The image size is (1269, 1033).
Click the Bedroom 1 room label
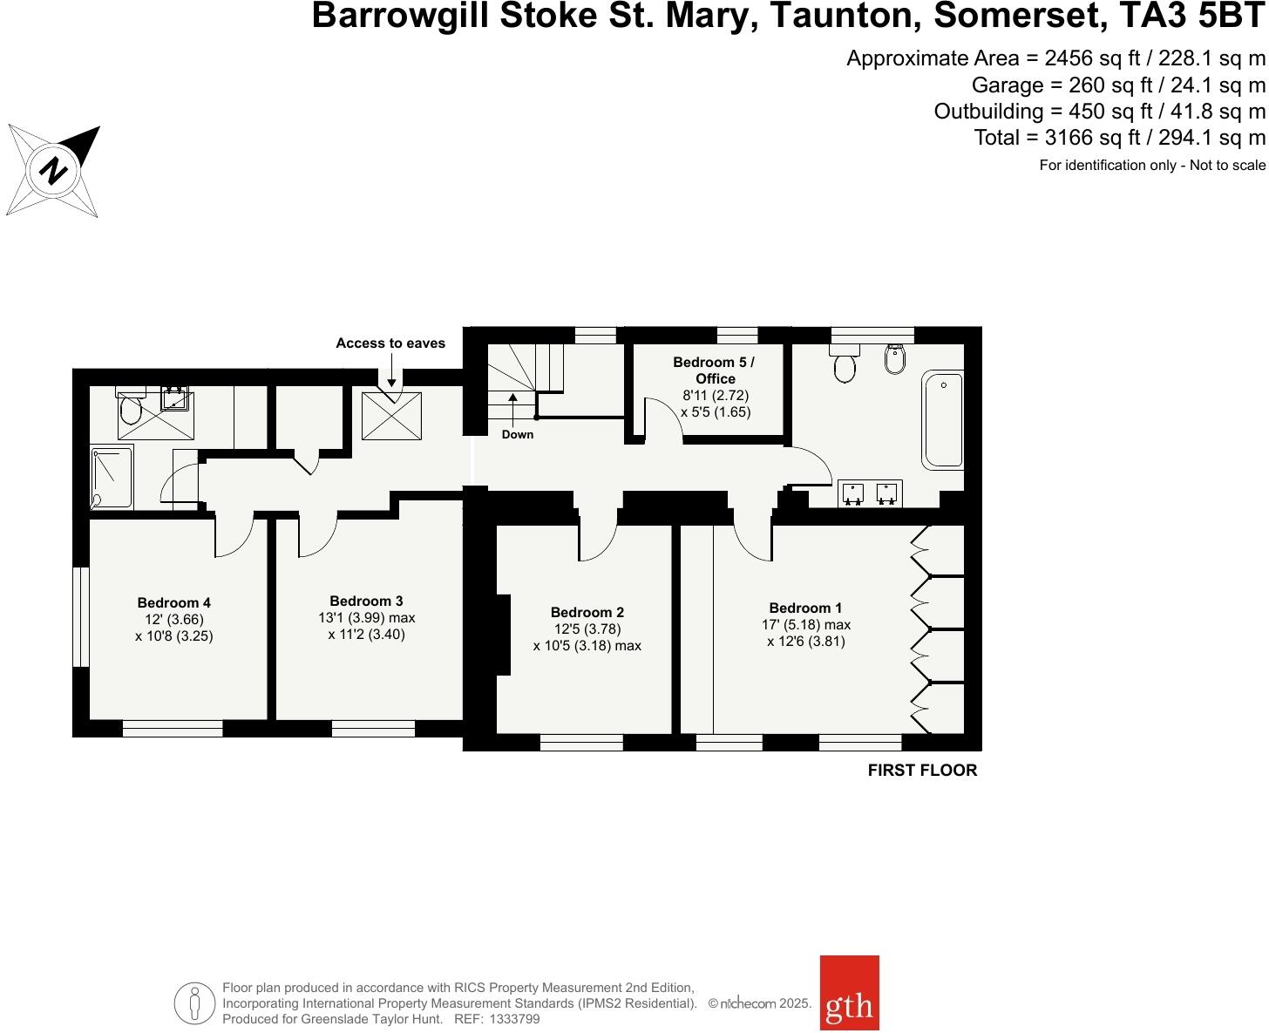tap(805, 608)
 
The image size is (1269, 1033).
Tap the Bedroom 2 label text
tap(587, 612)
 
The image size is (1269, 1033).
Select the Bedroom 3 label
tap(366, 601)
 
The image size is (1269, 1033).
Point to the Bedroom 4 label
tap(173, 602)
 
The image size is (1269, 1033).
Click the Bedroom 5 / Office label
tap(715, 370)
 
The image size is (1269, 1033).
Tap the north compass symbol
tap(55, 170)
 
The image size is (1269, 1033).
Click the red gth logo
tap(849, 992)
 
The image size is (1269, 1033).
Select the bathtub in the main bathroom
tap(943, 419)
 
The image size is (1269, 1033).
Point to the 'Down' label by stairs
tap(518, 434)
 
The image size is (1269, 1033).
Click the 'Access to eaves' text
tap(390, 343)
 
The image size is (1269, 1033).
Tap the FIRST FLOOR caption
tap(922, 771)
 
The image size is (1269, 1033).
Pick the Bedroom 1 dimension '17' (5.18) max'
tap(805, 625)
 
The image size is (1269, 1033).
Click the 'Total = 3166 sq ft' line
tap(1119, 138)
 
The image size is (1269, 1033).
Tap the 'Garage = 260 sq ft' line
tap(1118, 85)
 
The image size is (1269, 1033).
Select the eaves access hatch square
tap(391, 417)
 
